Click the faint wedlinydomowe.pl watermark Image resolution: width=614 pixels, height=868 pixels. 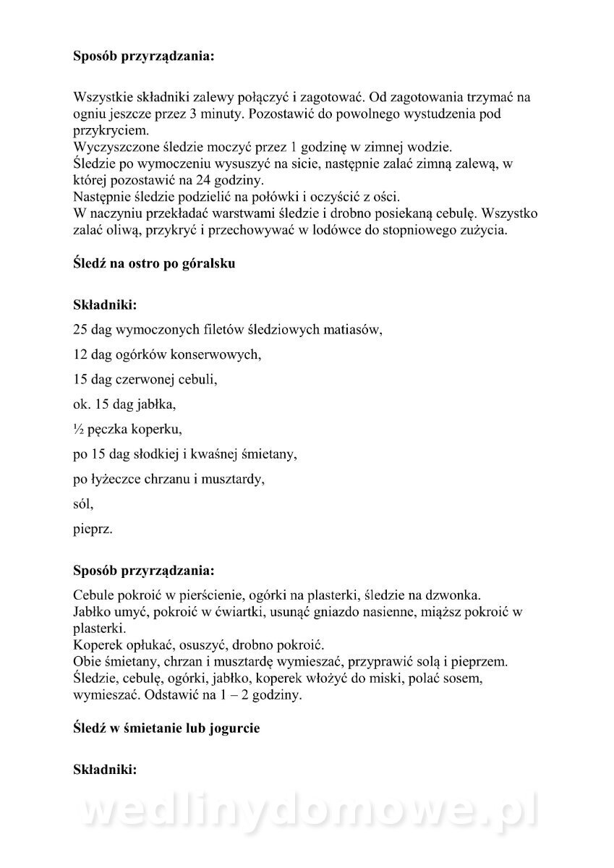[307, 814]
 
